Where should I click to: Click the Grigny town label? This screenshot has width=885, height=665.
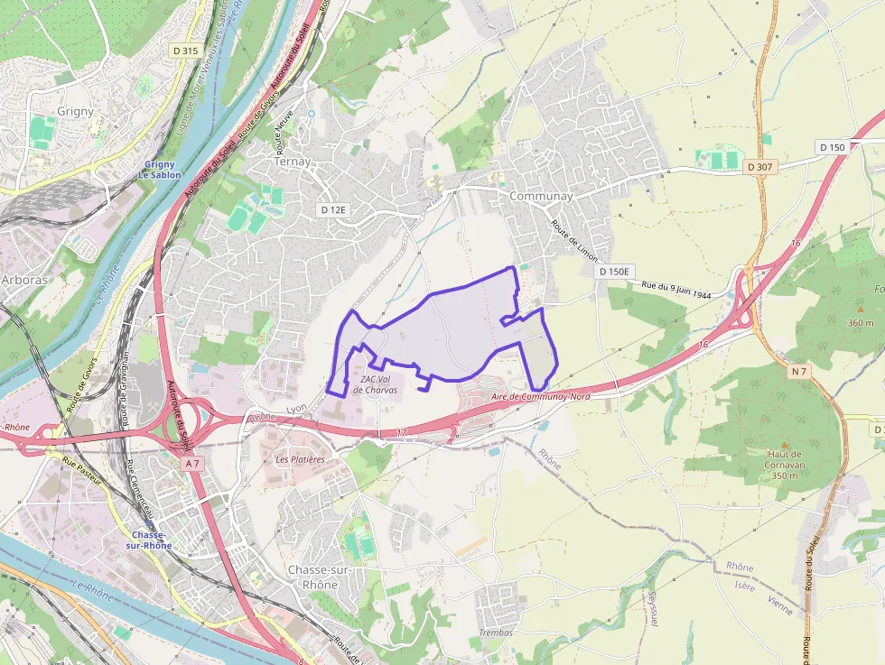coord(75,111)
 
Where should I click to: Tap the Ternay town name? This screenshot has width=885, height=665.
coord(292,162)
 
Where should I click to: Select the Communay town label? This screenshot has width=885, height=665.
coord(541,196)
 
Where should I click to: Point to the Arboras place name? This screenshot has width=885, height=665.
coord(24,279)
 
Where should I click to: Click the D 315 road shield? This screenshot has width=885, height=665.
coord(185,51)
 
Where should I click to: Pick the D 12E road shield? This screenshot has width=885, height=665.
coord(333,209)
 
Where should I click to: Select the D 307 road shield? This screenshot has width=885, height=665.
coord(761,167)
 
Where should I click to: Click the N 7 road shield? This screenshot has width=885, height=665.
coord(798,372)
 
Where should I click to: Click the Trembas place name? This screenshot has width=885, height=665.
coord(496,633)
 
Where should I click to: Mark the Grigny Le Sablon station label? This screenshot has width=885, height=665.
coord(163,170)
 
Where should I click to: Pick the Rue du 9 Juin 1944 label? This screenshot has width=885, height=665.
coord(676,290)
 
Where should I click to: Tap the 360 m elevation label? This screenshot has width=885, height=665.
coord(861,322)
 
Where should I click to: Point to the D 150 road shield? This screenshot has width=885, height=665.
coord(832,147)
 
